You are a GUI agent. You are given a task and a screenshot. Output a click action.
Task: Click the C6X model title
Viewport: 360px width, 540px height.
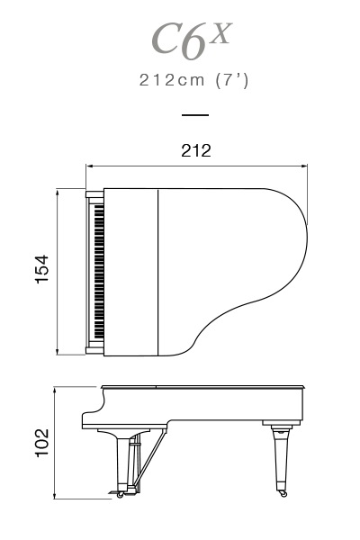pos(192,40)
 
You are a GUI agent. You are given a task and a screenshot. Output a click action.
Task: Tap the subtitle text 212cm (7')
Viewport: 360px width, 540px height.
pos(193,81)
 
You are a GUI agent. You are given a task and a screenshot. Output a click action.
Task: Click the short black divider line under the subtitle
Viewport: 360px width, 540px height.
pos(195,115)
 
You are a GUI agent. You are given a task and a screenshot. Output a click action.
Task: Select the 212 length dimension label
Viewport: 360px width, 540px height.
pos(196,151)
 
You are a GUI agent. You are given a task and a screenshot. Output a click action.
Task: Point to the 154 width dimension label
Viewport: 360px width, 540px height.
pos(42,270)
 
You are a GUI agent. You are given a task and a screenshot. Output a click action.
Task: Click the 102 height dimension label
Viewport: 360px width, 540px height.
pos(42,443)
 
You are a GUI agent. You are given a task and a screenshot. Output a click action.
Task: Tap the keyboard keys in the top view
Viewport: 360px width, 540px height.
pos(99,272)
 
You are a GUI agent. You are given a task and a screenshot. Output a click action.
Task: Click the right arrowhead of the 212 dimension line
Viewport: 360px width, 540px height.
pos(303,166)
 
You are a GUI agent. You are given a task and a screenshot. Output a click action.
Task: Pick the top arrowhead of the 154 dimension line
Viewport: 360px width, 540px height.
pos(58,193)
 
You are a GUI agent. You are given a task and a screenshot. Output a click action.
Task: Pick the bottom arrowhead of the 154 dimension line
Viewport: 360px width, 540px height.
pos(58,351)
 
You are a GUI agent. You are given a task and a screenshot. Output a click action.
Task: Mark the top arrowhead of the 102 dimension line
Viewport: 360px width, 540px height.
pos(55,391)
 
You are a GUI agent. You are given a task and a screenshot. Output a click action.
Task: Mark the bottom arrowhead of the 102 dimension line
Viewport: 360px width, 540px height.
pos(55,495)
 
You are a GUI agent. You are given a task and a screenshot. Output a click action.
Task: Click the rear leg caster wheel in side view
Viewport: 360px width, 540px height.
pos(283,493)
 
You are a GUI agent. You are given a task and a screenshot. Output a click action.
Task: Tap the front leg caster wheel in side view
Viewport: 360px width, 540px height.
pos(121,494)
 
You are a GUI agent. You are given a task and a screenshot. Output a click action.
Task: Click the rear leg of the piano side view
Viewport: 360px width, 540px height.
pos(281,458)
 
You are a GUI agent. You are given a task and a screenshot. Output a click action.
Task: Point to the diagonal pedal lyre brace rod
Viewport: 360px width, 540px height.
pos(149,457)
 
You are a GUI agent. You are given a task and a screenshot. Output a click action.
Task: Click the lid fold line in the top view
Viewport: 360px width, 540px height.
pos(157,272)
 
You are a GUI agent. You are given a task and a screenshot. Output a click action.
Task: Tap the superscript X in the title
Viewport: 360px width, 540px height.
pos(220,33)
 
